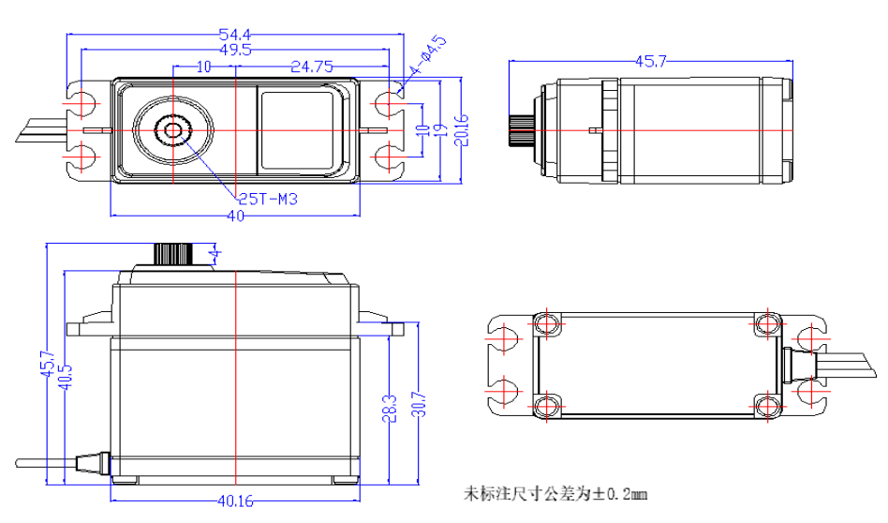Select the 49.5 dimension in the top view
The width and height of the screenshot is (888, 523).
[x=234, y=49]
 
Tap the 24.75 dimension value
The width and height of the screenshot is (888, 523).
[x=312, y=67]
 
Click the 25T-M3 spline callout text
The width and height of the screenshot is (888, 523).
[x=267, y=199]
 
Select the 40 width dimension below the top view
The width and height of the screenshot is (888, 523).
[x=234, y=217]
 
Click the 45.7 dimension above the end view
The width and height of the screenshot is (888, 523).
[x=651, y=62]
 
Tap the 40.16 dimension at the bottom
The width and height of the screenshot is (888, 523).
[x=234, y=501]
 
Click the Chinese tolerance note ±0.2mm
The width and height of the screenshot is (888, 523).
[x=556, y=492]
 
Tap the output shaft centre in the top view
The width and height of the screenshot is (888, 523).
[x=173, y=129]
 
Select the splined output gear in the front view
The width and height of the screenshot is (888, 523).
[x=173, y=254]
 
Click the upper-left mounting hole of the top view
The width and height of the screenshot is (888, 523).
[x=82, y=100]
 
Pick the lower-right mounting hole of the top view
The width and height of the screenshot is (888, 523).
[x=387, y=155]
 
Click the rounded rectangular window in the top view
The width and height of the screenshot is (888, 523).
[x=300, y=129]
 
